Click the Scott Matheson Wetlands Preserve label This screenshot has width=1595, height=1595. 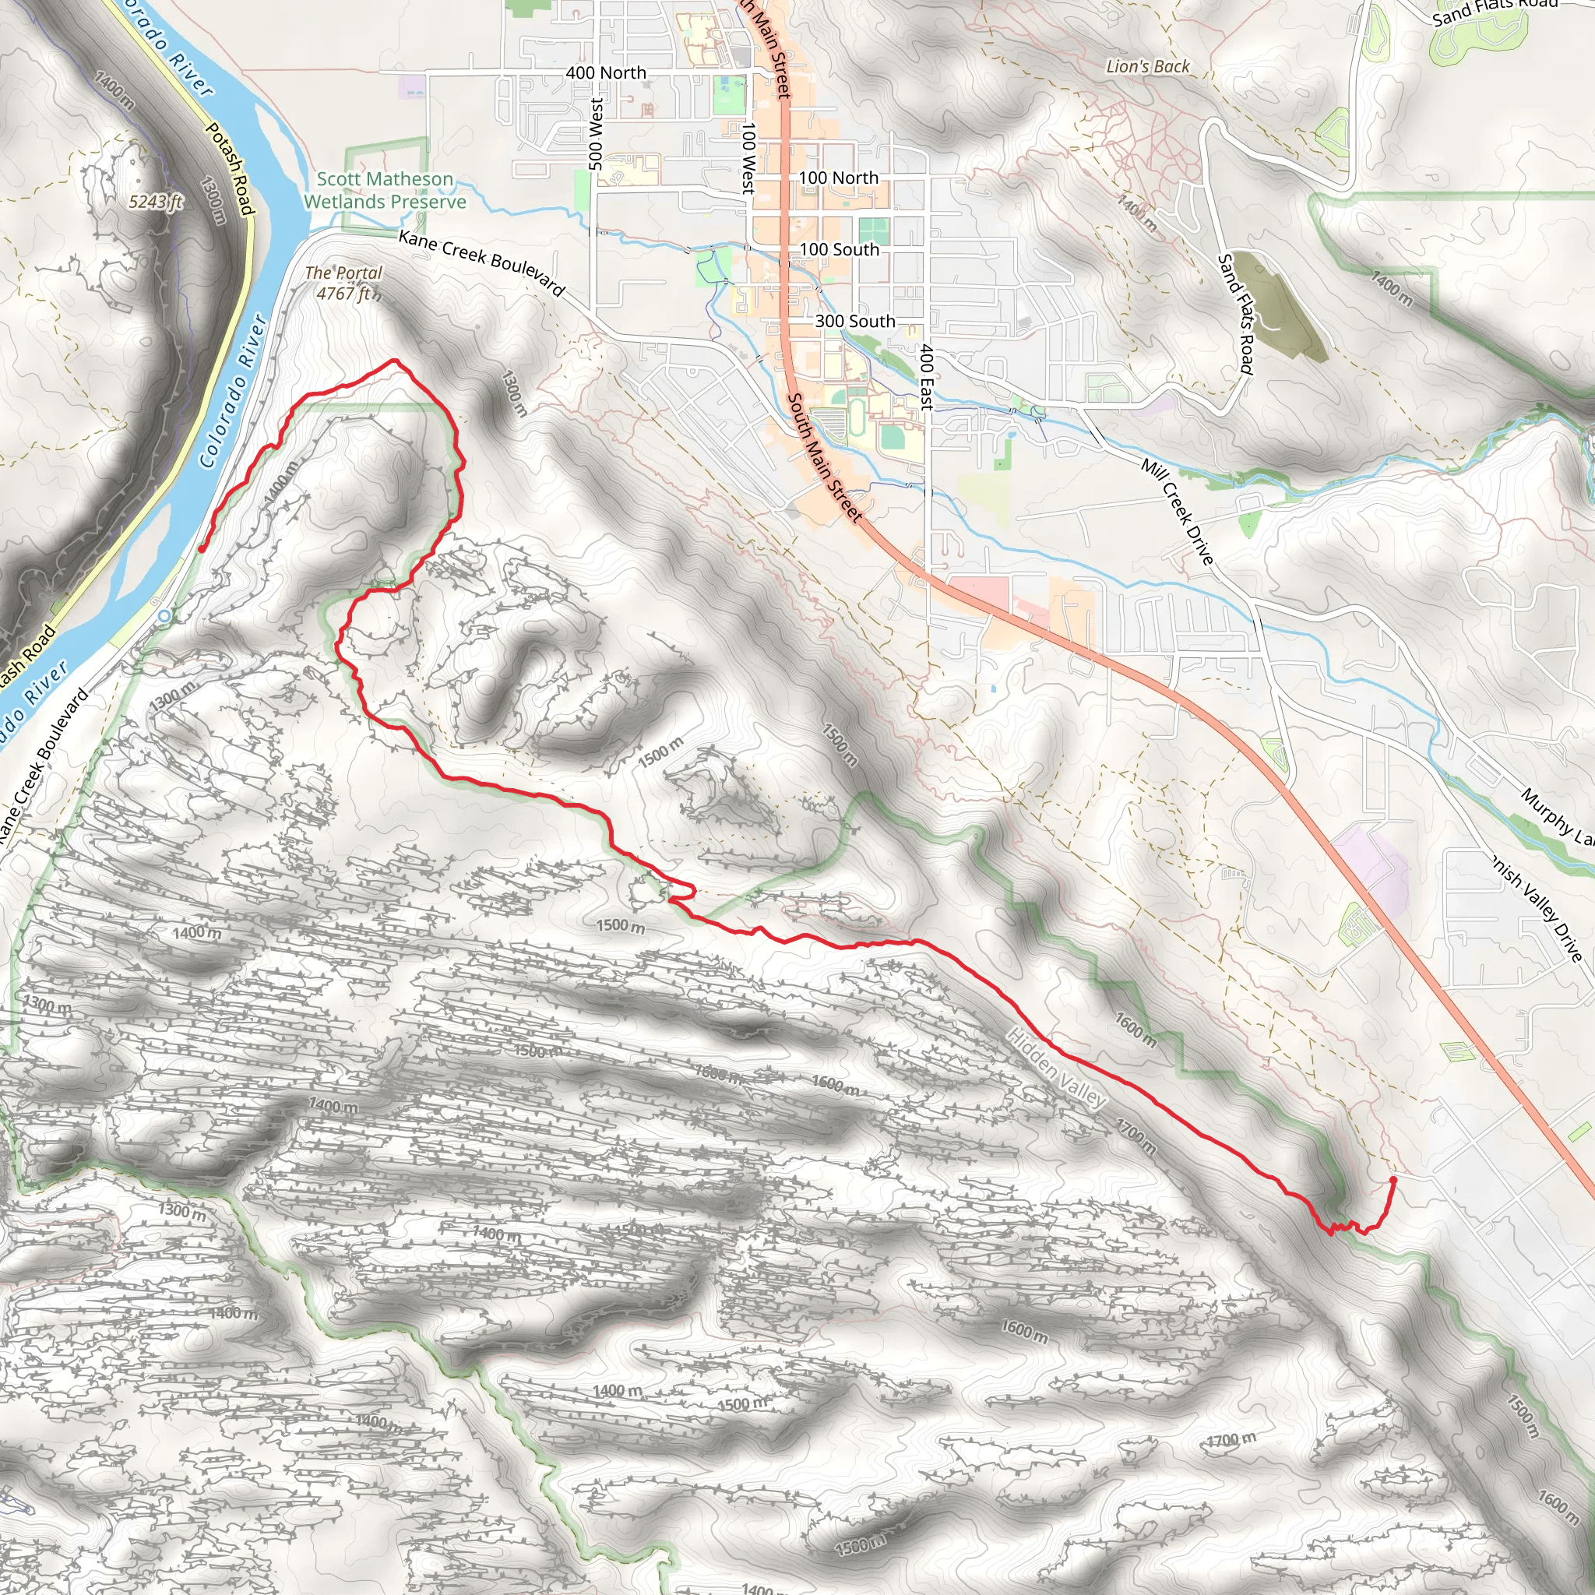[385, 191]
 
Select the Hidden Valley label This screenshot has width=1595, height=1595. [1056, 1068]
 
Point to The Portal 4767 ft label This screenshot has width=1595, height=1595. [344, 283]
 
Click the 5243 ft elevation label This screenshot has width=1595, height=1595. [155, 202]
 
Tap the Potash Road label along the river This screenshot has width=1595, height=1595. [228, 168]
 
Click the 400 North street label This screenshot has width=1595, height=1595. [606, 72]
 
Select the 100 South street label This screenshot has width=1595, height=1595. [839, 249]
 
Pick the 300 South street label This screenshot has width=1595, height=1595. [854, 321]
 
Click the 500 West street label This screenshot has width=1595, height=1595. [596, 135]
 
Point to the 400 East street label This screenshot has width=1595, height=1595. [926, 377]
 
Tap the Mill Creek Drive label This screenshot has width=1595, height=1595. [1178, 512]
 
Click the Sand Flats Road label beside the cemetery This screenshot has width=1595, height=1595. [1236, 314]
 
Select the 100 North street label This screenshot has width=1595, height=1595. [838, 178]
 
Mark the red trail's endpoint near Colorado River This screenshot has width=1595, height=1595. [202, 549]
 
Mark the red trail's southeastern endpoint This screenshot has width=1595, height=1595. [1393, 1180]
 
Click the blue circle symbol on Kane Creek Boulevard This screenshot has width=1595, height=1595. [165, 616]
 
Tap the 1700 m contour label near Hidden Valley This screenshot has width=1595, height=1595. [1136, 1137]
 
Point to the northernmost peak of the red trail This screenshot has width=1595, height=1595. [395, 361]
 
